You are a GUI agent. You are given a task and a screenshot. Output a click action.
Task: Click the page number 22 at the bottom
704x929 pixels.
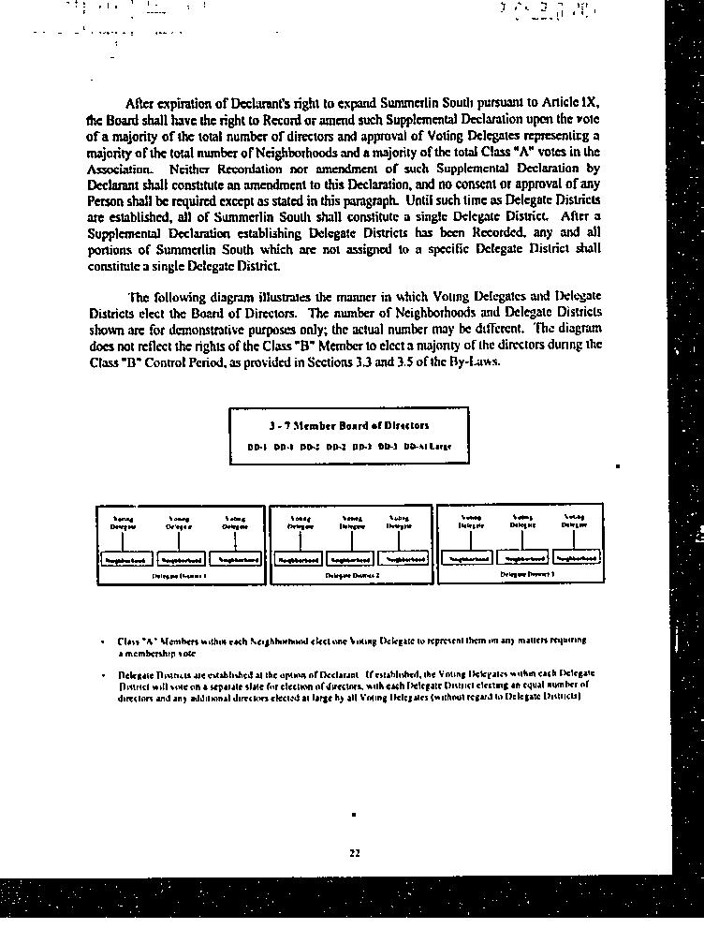tap(354, 852)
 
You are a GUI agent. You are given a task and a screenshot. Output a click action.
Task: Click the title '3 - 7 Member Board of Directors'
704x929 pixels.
tap(348, 425)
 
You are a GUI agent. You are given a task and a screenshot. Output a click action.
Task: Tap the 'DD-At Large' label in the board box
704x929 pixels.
tap(428, 447)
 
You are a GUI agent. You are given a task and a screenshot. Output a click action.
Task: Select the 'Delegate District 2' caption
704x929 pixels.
tap(352, 576)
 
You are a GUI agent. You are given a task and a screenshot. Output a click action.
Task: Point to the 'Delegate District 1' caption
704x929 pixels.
tap(179, 576)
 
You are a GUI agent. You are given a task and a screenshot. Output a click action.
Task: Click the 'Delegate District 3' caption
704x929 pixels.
tap(521, 573)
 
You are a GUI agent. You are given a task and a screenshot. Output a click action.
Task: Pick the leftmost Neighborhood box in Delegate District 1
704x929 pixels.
tap(125, 559)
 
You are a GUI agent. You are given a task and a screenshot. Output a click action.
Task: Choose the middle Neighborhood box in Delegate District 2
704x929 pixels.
tap(352, 559)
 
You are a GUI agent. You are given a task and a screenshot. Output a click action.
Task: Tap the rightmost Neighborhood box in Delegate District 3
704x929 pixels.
tap(574, 558)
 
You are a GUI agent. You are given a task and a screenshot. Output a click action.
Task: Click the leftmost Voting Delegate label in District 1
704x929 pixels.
tap(124, 523)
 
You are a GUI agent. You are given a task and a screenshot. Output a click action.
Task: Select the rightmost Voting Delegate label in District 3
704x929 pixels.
tap(574, 521)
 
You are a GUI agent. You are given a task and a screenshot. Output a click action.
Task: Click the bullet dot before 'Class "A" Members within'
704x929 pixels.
tap(102, 641)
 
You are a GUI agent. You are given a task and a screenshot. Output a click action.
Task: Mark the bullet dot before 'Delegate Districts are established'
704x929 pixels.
tap(102, 674)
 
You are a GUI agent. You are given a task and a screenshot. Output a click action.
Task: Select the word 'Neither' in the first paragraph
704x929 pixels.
tap(191, 169)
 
